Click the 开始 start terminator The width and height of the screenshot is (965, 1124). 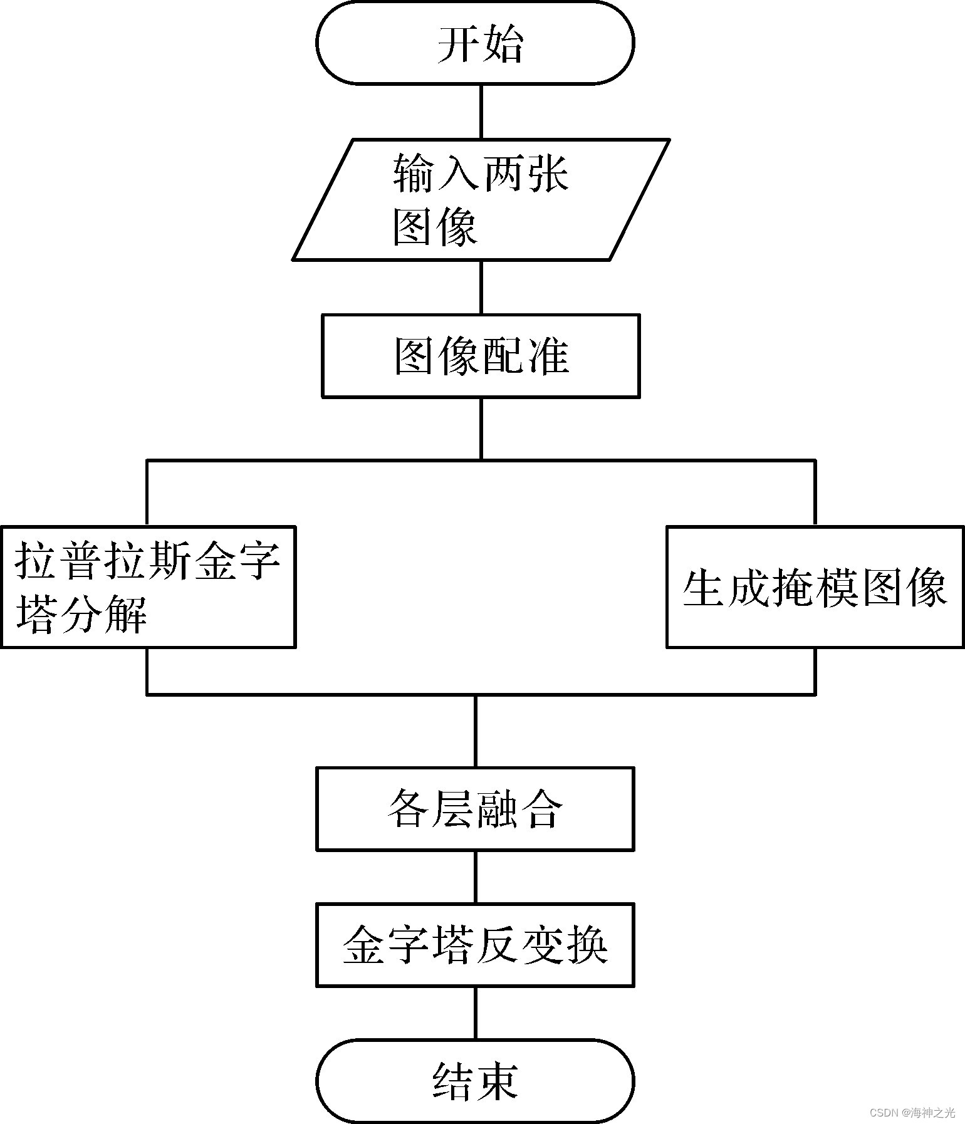[475, 43]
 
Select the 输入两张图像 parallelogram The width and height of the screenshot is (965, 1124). [481, 199]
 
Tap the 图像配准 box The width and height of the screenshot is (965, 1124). [481, 356]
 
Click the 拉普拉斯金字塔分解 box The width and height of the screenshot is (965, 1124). [148, 586]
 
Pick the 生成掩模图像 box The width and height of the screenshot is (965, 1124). [815, 586]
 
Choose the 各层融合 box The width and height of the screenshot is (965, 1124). [475, 808]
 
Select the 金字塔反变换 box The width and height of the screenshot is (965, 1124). [475, 944]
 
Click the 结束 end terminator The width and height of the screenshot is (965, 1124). [475, 1080]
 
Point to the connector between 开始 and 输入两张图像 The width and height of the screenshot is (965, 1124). [481, 112]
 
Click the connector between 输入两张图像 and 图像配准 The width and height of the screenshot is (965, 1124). [481, 287]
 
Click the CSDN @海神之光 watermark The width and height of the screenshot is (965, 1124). [912, 1113]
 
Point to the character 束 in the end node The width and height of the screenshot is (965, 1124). [497, 1081]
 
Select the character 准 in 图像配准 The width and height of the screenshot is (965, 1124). [548, 356]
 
